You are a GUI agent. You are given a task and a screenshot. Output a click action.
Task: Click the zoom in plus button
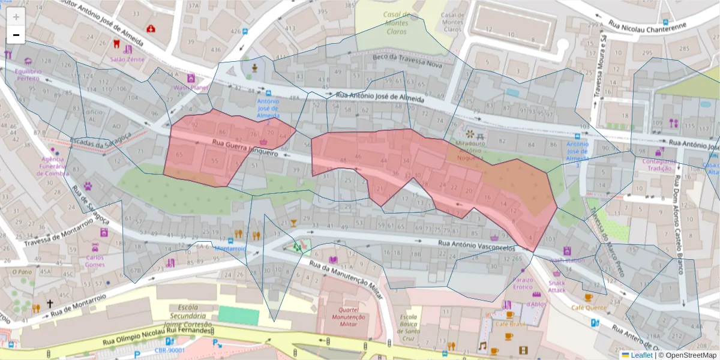coord(16,17)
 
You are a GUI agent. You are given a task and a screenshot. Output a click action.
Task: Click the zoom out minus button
coord(16,35)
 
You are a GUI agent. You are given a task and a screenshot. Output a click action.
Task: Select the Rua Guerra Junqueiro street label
coord(244,148)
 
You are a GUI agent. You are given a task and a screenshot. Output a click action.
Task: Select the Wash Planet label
coord(190,88)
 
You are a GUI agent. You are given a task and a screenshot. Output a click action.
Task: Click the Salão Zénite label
coord(127,59)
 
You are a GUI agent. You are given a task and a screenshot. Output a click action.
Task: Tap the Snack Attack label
coord(556,286)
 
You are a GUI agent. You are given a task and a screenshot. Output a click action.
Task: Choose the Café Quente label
coord(588,307)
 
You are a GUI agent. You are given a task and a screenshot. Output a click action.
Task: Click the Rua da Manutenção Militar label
coord(346,277)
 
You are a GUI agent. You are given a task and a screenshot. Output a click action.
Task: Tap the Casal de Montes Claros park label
coord(397,23)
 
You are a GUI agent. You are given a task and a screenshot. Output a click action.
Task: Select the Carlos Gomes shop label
coord(95,261)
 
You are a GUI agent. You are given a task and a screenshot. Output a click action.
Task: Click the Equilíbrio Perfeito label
coord(28,74)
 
